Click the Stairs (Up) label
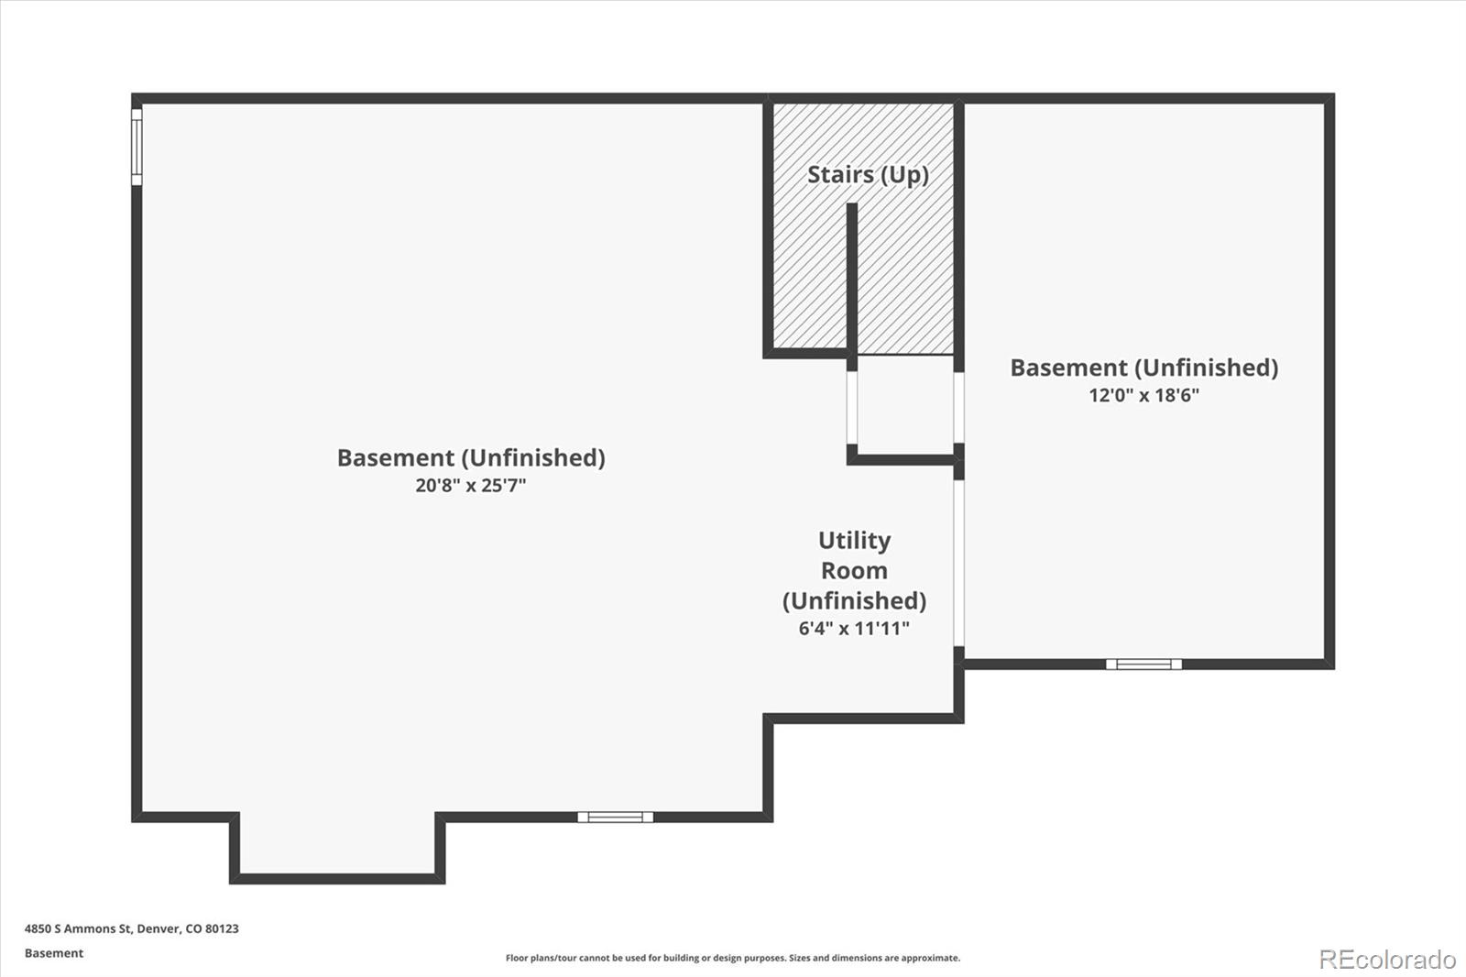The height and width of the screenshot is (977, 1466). coord(868,175)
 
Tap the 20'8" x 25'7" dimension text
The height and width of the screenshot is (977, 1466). coord(471,485)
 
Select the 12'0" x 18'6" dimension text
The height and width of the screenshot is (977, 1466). coord(1144,395)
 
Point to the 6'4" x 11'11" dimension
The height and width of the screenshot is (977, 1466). coord(854,628)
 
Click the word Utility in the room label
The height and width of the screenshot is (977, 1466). coord(854,540)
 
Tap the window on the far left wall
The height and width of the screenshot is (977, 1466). coord(137,147)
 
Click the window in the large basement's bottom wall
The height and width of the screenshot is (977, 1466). coord(615,817)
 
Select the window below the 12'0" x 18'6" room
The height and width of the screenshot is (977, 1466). coord(1144,664)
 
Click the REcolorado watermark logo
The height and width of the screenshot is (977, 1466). coord(1387,960)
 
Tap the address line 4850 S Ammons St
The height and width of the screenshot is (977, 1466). coord(132,928)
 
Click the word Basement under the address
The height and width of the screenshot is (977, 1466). coord(54,953)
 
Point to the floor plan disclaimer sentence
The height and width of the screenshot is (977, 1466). coord(733,958)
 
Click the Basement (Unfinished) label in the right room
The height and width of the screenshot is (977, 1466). coord(1144,368)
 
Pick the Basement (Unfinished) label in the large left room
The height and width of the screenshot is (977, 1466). coord(471,457)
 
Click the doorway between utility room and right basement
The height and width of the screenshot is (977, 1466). coord(958,563)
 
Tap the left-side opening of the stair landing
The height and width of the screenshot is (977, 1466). coord(852,407)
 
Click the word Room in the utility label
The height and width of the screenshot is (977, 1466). coord(854,570)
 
